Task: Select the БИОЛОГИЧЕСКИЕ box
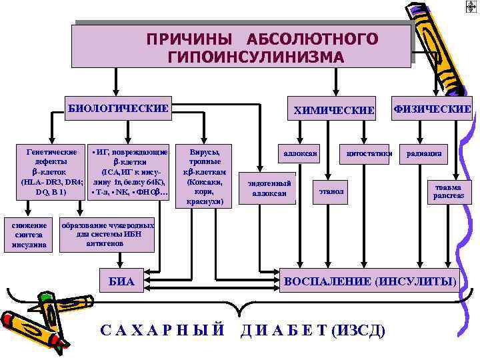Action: click(x=117, y=108)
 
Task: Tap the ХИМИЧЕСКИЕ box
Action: click(x=334, y=110)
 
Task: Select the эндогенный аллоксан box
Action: click(x=269, y=188)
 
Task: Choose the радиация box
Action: click(x=425, y=154)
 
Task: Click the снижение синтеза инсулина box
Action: click(x=29, y=235)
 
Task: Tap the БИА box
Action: click(x=122, y=282)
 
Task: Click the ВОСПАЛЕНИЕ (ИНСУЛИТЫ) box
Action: click(x=371, y=281)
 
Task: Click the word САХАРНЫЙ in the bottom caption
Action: click(x=163, y=330)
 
